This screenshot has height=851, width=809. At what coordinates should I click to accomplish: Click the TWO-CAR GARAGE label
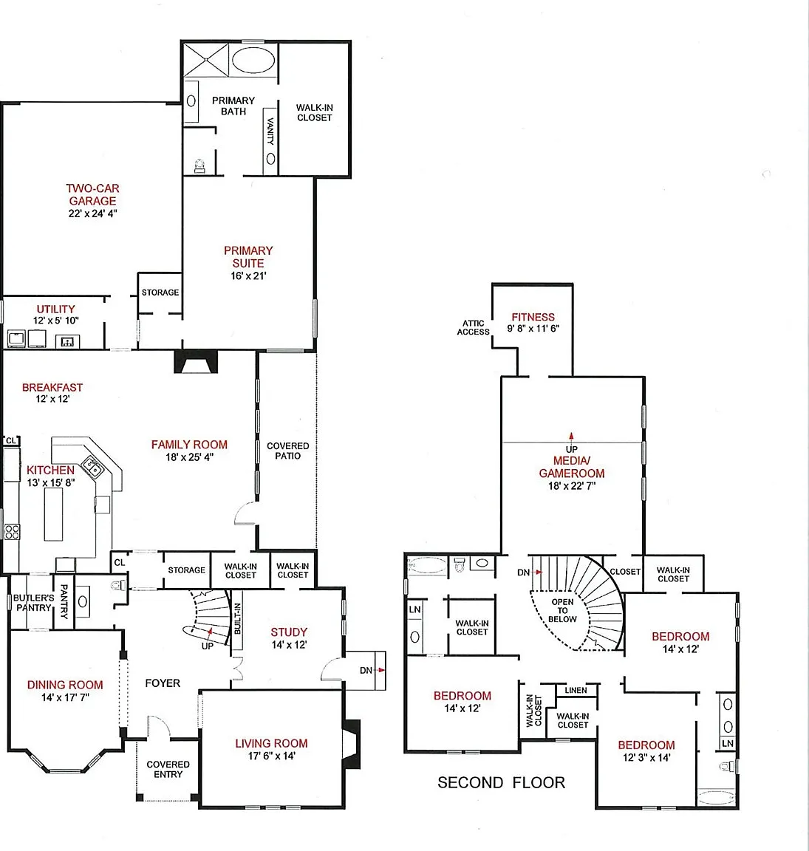[x=92, y=194]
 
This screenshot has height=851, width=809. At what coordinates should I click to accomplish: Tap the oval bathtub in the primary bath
[x=253, y=60]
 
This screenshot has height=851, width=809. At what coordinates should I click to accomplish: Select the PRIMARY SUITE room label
[x=248, y=257]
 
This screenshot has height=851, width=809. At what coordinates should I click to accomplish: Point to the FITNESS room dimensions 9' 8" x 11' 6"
[x=533, y=328]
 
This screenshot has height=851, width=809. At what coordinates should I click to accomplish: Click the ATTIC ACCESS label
[x=473, y=327]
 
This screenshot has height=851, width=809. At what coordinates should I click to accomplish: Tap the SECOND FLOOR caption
[x=501, y=782]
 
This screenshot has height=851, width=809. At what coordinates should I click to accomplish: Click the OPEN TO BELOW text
[x=562, y=611]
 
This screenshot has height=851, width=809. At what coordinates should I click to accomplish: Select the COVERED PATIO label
[x=287, y=451]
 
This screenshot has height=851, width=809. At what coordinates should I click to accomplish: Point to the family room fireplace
[x=196, y=361]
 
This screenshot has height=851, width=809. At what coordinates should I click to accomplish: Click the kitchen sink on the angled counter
[x=92, y=467]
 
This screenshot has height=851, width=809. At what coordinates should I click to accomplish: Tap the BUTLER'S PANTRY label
[x=34, y=603]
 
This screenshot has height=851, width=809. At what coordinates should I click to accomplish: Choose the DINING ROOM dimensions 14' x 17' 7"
[x=65, y=697]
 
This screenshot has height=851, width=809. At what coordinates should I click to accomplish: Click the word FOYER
[x=163, y=683]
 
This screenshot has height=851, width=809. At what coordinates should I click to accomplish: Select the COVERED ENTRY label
[x=168, y=769]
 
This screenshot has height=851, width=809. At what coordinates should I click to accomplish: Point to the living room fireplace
[x=351, y=744]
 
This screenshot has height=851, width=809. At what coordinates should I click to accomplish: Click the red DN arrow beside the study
[x=382, y=670]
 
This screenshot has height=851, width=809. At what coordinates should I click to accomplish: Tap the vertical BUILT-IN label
[x=237, y=618]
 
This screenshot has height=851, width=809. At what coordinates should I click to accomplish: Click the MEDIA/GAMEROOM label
[x=572, y=467]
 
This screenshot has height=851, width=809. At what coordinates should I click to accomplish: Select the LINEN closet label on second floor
[x=576, y=691]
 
